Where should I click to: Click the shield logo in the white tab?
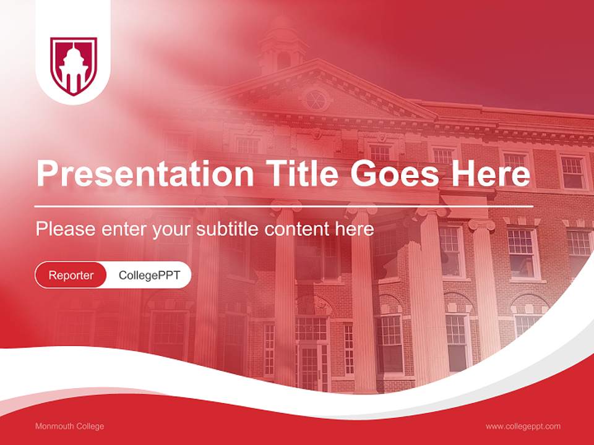pos(74,66)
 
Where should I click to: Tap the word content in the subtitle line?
pos(299,229)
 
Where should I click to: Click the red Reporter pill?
pos(71,275)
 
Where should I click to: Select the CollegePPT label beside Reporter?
pos(149,275)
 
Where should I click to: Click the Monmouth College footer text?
pos(69,426)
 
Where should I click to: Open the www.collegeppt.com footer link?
pos(523,426)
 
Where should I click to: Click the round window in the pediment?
pos(316,100)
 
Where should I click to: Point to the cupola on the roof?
pos(282,46)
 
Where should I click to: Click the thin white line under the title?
pos(284,206)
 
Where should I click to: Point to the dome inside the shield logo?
pos(73,56)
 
